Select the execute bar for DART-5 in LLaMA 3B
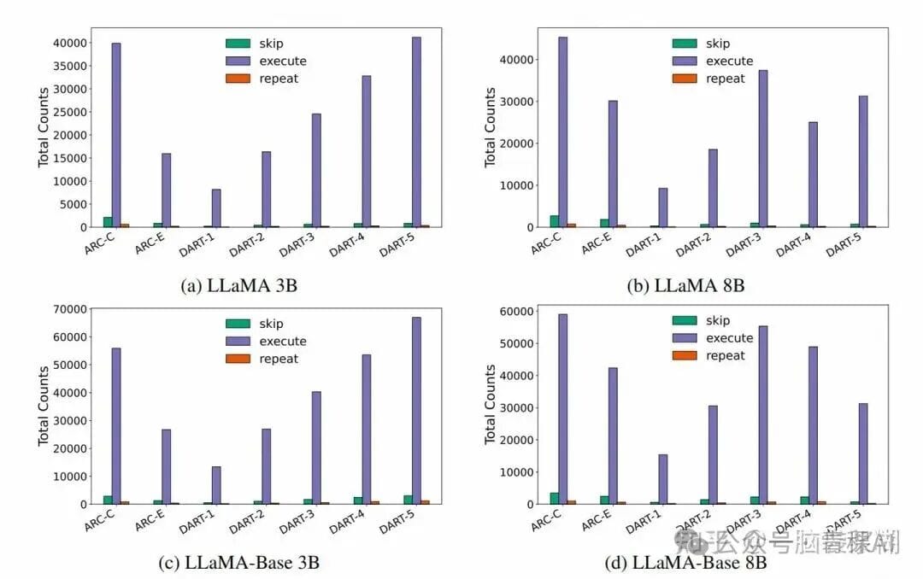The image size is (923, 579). [x=416, y=132]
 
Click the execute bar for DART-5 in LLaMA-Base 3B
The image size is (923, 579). [x=416, y=411]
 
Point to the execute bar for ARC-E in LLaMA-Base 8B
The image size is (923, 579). [x=613, y=436]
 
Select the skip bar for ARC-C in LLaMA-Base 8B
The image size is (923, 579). [x=554, y=498]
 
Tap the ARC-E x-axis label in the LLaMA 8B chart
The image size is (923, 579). [x=597, y=241]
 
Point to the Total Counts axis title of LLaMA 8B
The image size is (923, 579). [x=490, y=127]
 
